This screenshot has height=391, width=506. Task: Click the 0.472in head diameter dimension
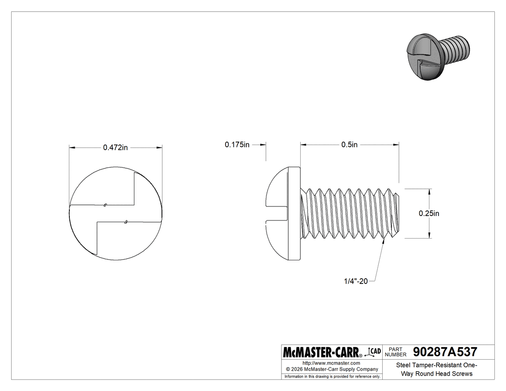tap(115, 148)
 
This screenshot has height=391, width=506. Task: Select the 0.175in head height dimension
tap(237, 145)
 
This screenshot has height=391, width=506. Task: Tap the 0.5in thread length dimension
tap(349, 145)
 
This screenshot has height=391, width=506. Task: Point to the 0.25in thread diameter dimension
tap(428, 214)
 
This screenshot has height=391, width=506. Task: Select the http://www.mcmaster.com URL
tap(331, 363)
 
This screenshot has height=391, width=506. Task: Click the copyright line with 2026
tap(331, 369)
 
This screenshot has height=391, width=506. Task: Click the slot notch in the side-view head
tap(277, 214)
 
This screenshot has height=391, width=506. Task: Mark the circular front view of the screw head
tap(116, 214)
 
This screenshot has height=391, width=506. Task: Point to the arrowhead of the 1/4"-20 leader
tap(384, 241)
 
